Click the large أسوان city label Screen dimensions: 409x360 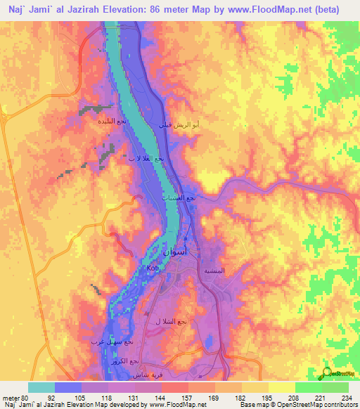point(178,251)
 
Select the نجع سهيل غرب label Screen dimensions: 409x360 point(108,342)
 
